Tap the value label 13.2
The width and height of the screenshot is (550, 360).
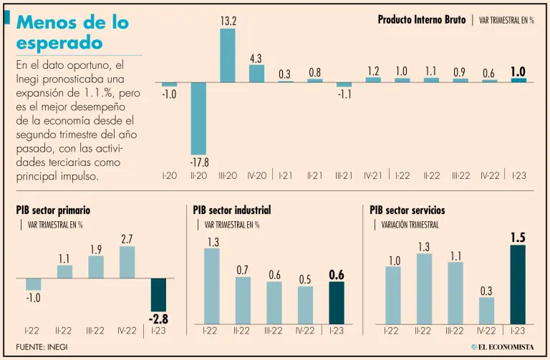click(228, 22)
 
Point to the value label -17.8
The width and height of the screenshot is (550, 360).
click(198, 162)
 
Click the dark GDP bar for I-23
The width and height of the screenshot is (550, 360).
click(518, 80)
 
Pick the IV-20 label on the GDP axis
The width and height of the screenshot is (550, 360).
click(256, 175)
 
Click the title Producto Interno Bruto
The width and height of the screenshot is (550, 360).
click(421, 20)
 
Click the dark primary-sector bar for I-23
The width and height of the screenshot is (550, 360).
click(158, 296)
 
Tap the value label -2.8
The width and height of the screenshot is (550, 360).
click(158, 319)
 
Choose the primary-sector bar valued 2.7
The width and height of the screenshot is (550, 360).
click(127, 263)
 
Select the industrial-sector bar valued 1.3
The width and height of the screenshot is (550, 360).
click(213, 285)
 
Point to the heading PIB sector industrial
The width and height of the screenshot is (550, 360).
click(232, 210)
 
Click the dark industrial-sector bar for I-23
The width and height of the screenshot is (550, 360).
click(337, 301)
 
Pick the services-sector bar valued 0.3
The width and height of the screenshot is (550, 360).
click(487, 309)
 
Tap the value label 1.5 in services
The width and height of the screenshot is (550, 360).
click(518, 237)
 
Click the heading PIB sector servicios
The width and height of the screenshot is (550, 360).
click(407, 210)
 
